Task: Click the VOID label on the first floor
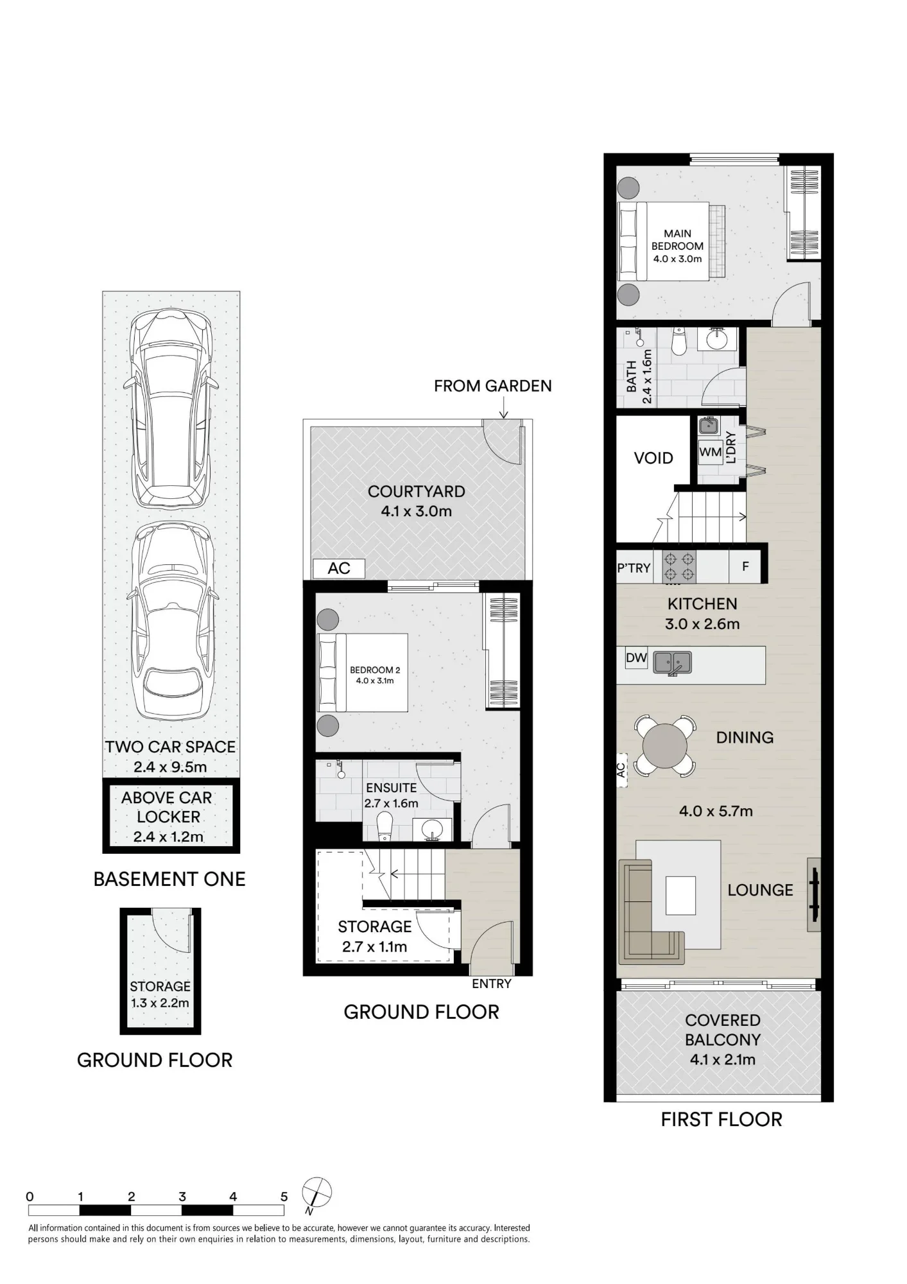(x=653, y=458)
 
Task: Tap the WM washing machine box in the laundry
(x=711, y=452)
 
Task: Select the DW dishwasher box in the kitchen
(x=636, y=657)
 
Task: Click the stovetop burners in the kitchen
(x=679, y=567)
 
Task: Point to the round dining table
(x=664, y=745)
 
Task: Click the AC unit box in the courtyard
(x=339, y=568)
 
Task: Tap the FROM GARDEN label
(x=492, y=386)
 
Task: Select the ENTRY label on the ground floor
(x=491, y=984)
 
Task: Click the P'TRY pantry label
(x=634, y=568)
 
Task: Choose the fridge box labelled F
(x=745, y=567)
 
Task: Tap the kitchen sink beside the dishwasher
(x=672, y=663)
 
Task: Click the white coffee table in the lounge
(x=680, y=896)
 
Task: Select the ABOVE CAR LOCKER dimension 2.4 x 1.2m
(x=168, y=837)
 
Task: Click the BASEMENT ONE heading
(x=169, y=879)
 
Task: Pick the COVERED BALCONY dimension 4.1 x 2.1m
(x=722, y=1059)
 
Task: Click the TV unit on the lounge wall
(x=814, y=894)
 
